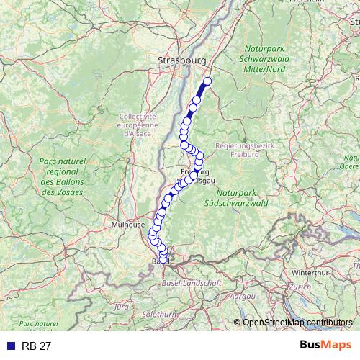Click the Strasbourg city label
click(x=182, y=61)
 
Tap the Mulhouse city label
click(x=127, y=225)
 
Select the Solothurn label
click(x=158, y=315)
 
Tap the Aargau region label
click(x=244, y=296)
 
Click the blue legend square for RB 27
click(x=8, y=346)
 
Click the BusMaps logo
click(x=325, y=345)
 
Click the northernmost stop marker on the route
click(x=208, y=81)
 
